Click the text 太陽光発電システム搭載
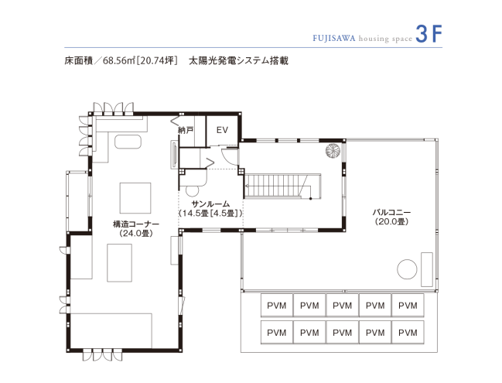pos(238,59)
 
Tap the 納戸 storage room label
pos(186,130)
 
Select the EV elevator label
pos(222,130)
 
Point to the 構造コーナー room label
pos(135,224)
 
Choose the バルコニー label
pos(391,212)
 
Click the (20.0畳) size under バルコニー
pos(391,222)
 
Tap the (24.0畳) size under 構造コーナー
pos(135,233)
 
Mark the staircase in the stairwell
pos(279,186)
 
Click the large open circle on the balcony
pos(406,268)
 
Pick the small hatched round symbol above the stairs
pos(333,151)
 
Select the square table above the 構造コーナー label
pos(135,197)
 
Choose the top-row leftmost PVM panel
pos(276,305)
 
